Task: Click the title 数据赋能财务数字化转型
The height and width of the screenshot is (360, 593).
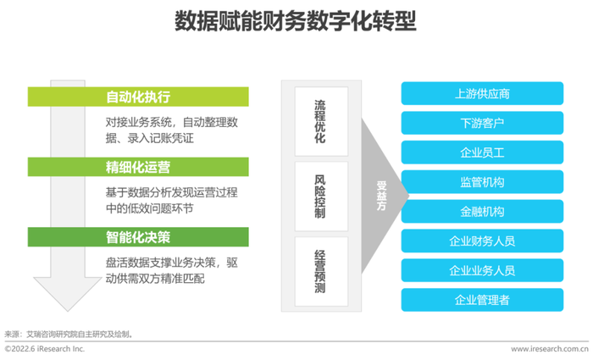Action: (x=296, y=21)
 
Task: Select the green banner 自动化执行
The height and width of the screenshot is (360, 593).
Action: (x=138, y=97)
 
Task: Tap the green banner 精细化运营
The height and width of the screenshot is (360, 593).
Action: (x=138, y=167)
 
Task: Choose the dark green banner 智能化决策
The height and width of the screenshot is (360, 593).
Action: (x=138, y=237)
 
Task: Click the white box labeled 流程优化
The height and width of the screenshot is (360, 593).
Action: (x=321, y=121)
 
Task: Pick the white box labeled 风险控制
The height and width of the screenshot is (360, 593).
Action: (x=321, y=197)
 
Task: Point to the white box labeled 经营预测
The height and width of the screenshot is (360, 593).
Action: (x=321, y=272)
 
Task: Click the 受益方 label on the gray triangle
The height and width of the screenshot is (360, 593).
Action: (x=381, y=196)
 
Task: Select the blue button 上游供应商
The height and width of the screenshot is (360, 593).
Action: (x=482, y=93)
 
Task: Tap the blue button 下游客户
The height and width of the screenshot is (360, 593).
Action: (x=482, y=123)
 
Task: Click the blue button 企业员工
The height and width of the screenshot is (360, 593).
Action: (x=482, y=152)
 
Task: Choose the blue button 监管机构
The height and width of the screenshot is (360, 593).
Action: (x=482, y=182)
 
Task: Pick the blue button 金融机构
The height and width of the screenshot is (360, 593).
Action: (x=482, y=212)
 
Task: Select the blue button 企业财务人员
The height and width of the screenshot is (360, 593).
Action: (x=482, y=241)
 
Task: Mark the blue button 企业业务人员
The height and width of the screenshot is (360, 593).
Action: (x=482, y=270)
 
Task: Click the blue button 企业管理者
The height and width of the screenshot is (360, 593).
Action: (x=482, y=300)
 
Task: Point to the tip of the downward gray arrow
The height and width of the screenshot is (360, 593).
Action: (x=68, y=311)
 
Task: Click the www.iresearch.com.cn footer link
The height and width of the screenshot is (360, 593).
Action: (x=550, y=349)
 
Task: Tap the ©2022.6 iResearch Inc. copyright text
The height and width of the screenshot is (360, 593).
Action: (x=45, y=349)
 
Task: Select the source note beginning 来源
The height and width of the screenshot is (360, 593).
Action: (x=69, y=335)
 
